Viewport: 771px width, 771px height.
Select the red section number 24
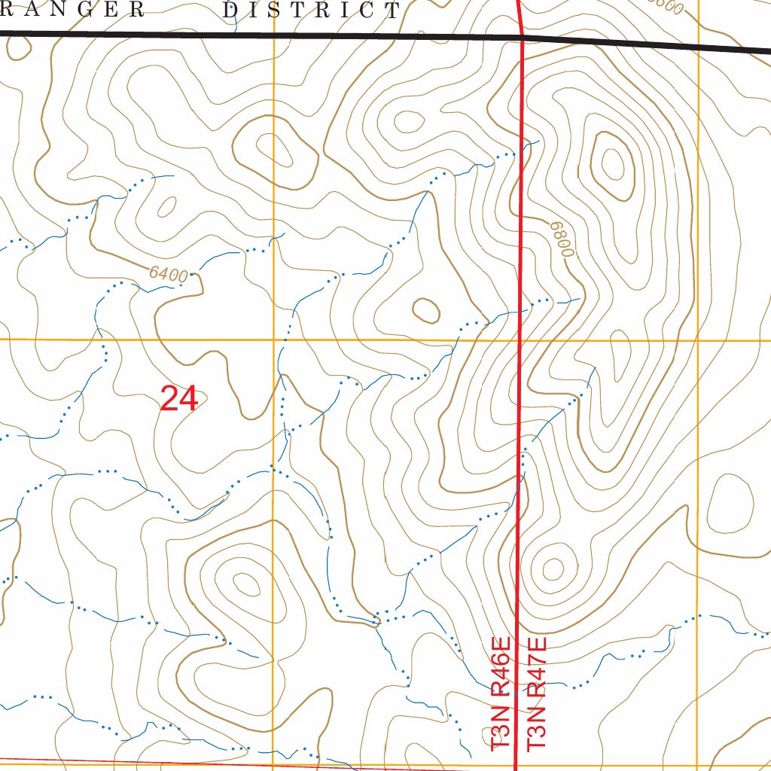[x=179, y=399]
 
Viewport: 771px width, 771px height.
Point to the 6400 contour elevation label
[x=168, y=275]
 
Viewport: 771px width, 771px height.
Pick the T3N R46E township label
[x=501, y=693]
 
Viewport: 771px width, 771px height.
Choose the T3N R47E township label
[x=536, y=693]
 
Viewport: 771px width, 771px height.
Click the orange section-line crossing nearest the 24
[x=273, y=340]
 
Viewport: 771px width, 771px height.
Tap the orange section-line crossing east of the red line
[x=698, y=341]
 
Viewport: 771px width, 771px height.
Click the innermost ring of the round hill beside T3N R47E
[x=553, y=569]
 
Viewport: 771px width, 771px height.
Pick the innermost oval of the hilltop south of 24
[x=245, y=582]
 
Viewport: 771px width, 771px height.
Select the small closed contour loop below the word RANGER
[x=18, y=47]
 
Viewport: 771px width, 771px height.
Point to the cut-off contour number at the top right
[x=666, y=7]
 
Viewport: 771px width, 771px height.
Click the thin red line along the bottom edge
[x=226, y=764]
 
